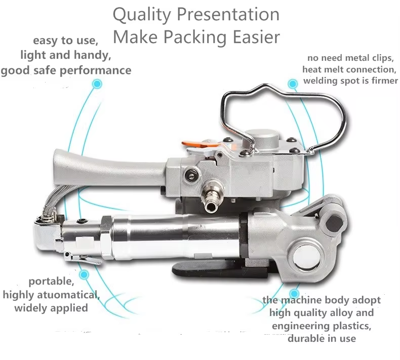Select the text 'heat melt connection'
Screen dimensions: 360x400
(348, 69)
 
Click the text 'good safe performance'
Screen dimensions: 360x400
(66, 70)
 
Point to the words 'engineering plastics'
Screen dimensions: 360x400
(323, 326)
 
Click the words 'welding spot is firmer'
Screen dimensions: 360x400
(350, 81)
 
